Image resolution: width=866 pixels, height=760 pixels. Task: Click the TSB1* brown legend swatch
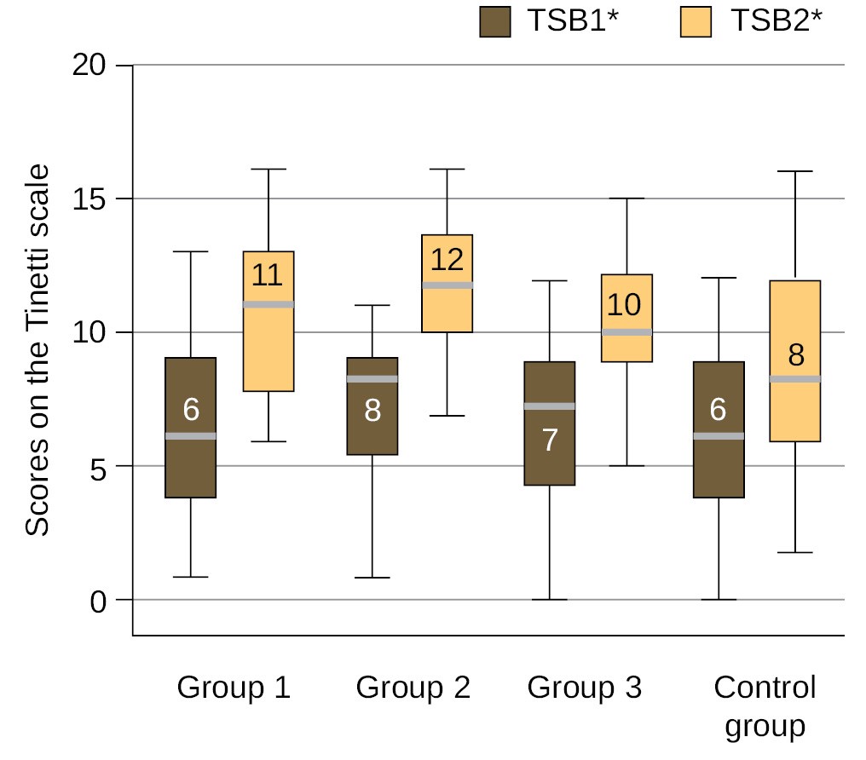494,21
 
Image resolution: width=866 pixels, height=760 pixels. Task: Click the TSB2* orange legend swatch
696,21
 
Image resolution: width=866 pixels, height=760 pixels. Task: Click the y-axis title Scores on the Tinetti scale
37,350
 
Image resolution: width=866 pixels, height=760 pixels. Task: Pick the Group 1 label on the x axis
234,688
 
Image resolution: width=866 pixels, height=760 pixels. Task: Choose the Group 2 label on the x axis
413,688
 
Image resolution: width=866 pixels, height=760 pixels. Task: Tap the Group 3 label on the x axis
584,688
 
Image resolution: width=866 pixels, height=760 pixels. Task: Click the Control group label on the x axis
765,706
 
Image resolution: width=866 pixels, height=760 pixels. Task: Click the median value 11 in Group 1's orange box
268,276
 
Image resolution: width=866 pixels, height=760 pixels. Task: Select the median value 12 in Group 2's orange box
447,260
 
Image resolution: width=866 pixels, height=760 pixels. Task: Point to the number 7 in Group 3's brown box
550,440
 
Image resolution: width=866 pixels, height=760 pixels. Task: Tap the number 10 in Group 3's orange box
626,305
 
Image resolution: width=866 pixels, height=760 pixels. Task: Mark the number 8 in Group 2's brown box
372,411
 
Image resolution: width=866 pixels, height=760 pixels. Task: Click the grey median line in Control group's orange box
794,379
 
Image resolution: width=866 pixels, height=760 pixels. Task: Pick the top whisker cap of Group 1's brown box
190,252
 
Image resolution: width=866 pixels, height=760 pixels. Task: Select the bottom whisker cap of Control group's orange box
794,553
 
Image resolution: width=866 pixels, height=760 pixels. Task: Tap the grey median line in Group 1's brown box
190,436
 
